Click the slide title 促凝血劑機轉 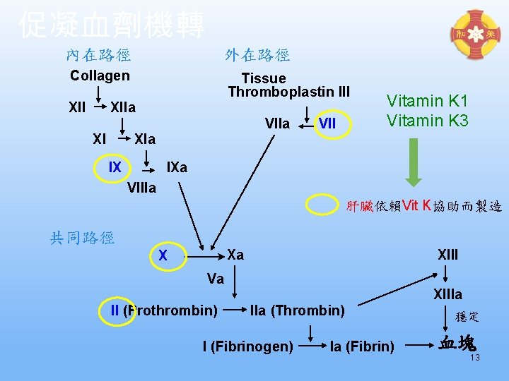112,25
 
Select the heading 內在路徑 98,54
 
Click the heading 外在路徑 257,54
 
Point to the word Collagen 100,75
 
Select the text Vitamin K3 427,121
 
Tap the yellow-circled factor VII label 327,124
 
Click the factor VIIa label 277,124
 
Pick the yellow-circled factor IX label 115,167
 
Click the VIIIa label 142,188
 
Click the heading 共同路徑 82,238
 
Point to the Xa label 235,255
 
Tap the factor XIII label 447,254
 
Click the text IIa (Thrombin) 298,310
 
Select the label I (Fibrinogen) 247,346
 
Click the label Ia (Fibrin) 363,346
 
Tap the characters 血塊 457,344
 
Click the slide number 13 475,358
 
